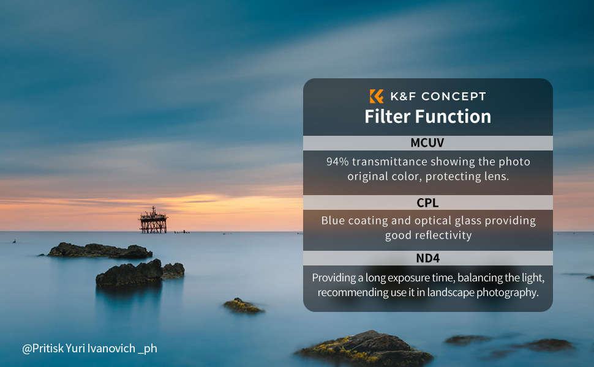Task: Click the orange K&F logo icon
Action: click(x=377, y=96)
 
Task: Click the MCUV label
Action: click(x=427, y=143)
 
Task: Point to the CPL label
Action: click(x=427, y=202)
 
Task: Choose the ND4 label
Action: click(x=427, y=258)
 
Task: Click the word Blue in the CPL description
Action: click(x=333, y=220)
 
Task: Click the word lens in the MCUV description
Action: click(x=494, y=176)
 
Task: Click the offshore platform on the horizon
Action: click(x=153, y=221)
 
